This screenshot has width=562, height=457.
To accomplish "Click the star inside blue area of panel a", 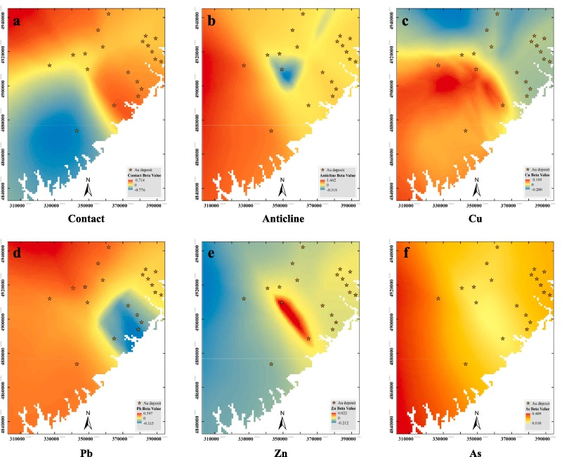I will coord(77,131).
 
